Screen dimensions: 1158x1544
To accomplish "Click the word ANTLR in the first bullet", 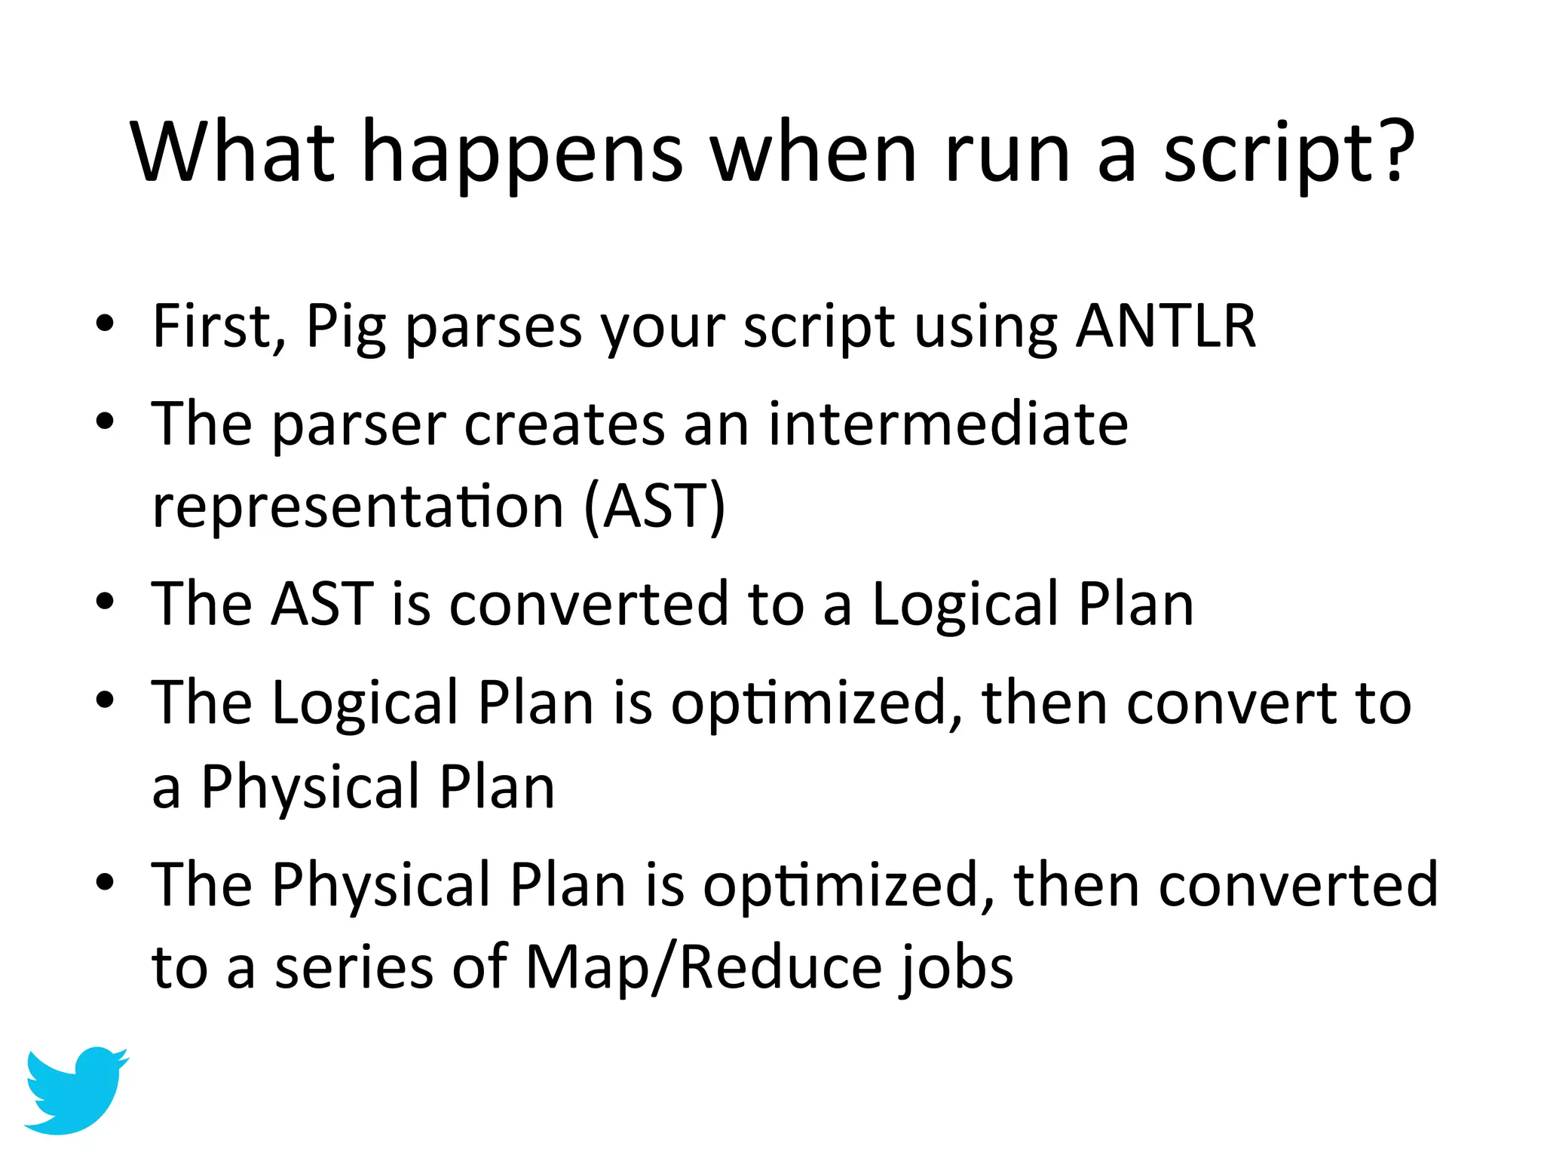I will [x=1166, y=326].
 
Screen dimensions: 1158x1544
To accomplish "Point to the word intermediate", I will [x=948, y=424].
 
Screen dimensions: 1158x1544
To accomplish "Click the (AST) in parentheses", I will [x=654, y=507].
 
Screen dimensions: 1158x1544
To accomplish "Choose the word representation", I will [x=357, y=507].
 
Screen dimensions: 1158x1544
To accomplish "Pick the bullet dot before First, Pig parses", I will [x=105, y=324].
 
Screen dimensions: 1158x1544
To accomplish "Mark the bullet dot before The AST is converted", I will [x=105, y=602].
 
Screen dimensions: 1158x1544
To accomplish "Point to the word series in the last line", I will [x=354, y=968].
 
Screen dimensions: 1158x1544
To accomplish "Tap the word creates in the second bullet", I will [x=564, y=424].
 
